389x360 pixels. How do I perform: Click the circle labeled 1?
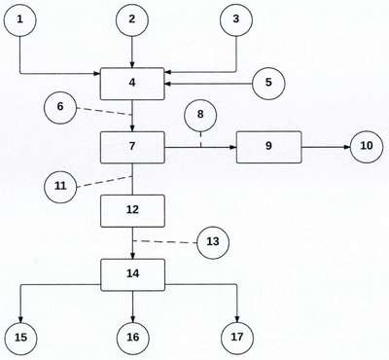[x=19, y=19]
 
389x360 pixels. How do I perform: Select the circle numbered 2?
[x=132, y=19]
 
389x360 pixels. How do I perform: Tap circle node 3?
[x=236, y=19]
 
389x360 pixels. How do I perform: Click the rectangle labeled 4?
[x=132, y=84]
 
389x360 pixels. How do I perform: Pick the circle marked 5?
[x=268, y=83]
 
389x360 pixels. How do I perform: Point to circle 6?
[x=60, y=107]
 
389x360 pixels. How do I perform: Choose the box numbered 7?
[x=132, y=147]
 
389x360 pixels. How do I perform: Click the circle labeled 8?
[x=200, y=115]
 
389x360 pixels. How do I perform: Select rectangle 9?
[x=268, y=147]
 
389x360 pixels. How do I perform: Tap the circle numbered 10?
[x=367, y=147]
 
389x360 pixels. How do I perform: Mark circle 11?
[x=60, y=187]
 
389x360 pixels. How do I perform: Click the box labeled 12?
[x=132, y=210]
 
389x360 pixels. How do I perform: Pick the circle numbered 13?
[x=213, y=242]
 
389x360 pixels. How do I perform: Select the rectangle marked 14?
[x=132, y=274]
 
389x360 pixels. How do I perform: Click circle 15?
[x=20, y=339]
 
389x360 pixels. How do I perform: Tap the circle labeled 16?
[x=132, y=339]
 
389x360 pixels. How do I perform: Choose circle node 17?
[x=237, y=338]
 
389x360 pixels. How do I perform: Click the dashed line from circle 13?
[x=165, y=241]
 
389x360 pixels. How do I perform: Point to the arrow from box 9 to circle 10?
[x=326, y=147]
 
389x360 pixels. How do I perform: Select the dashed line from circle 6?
[x=104, y=111]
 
